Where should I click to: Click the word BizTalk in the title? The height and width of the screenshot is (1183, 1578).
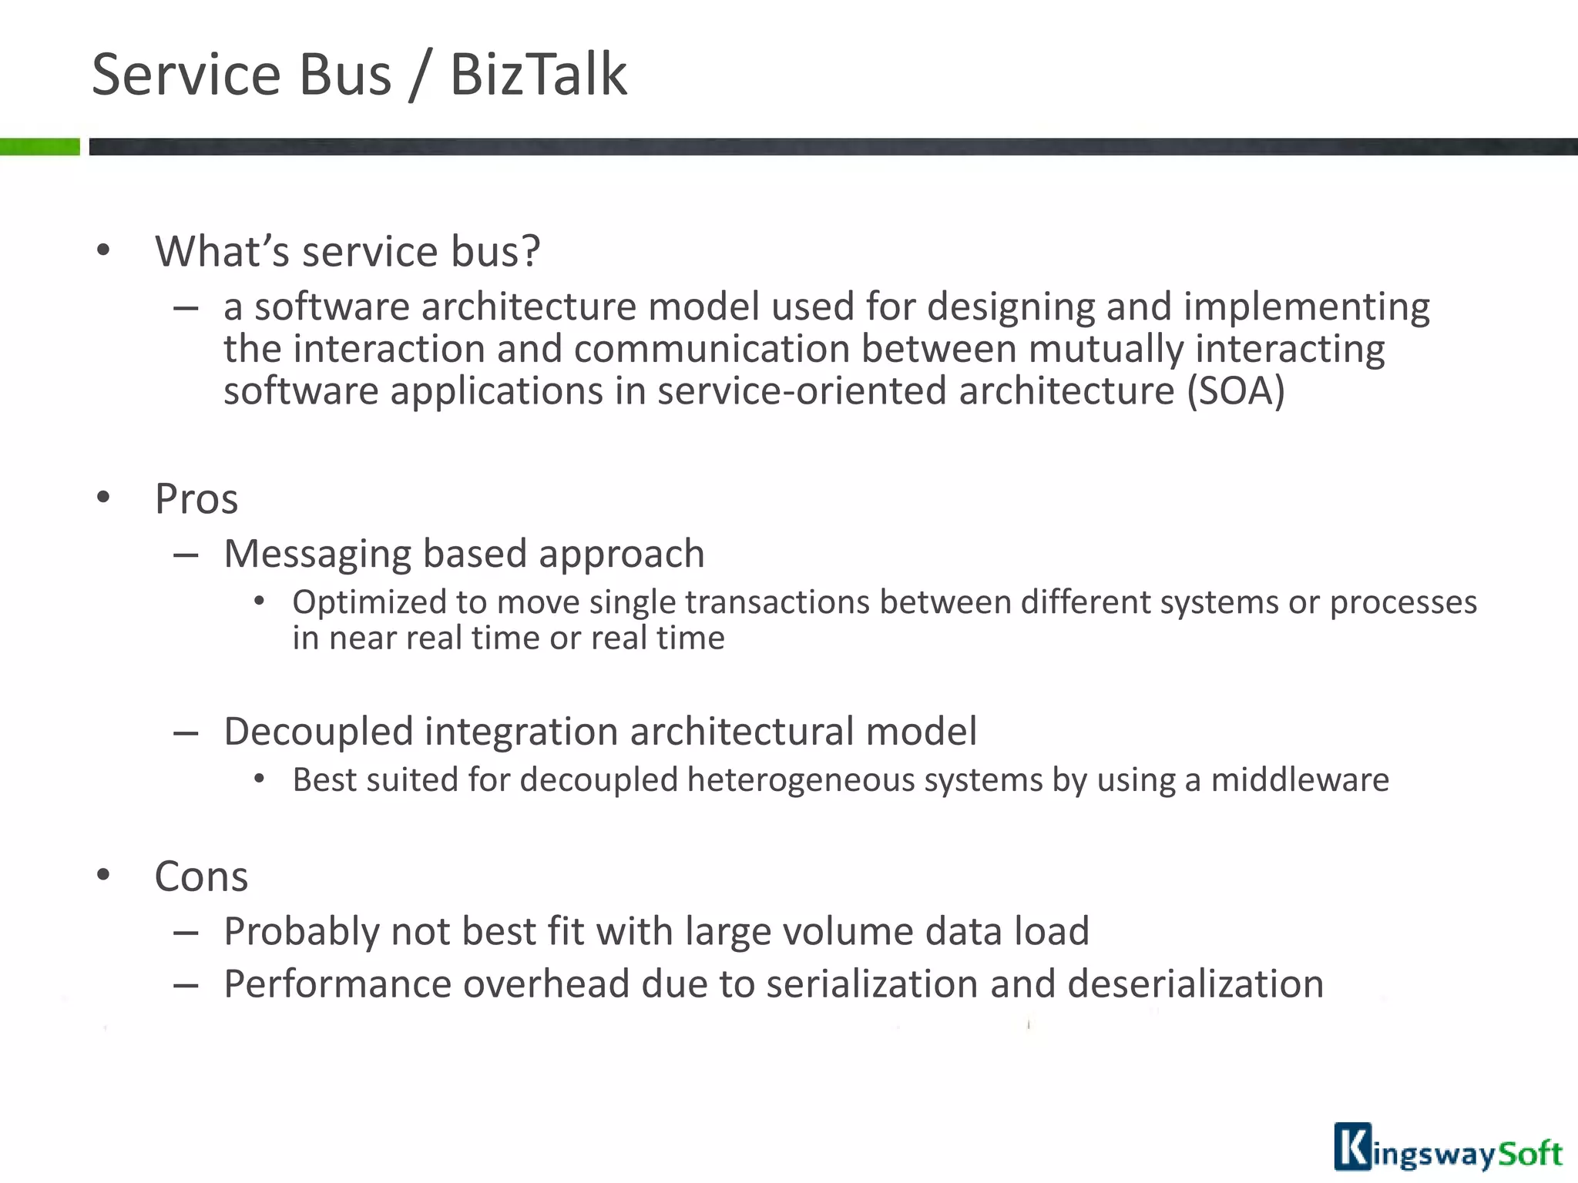538,75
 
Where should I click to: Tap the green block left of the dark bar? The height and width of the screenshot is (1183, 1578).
39,146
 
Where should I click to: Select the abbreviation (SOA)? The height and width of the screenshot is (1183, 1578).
1236,391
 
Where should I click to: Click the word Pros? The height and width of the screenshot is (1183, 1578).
196,499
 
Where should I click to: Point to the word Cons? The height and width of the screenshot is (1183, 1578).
201,877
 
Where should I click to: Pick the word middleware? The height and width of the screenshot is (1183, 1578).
1300,780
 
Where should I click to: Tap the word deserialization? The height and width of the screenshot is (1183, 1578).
1195,984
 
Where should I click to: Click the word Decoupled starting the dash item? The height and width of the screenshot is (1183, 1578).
318,732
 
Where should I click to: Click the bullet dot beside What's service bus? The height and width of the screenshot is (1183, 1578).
103,251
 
